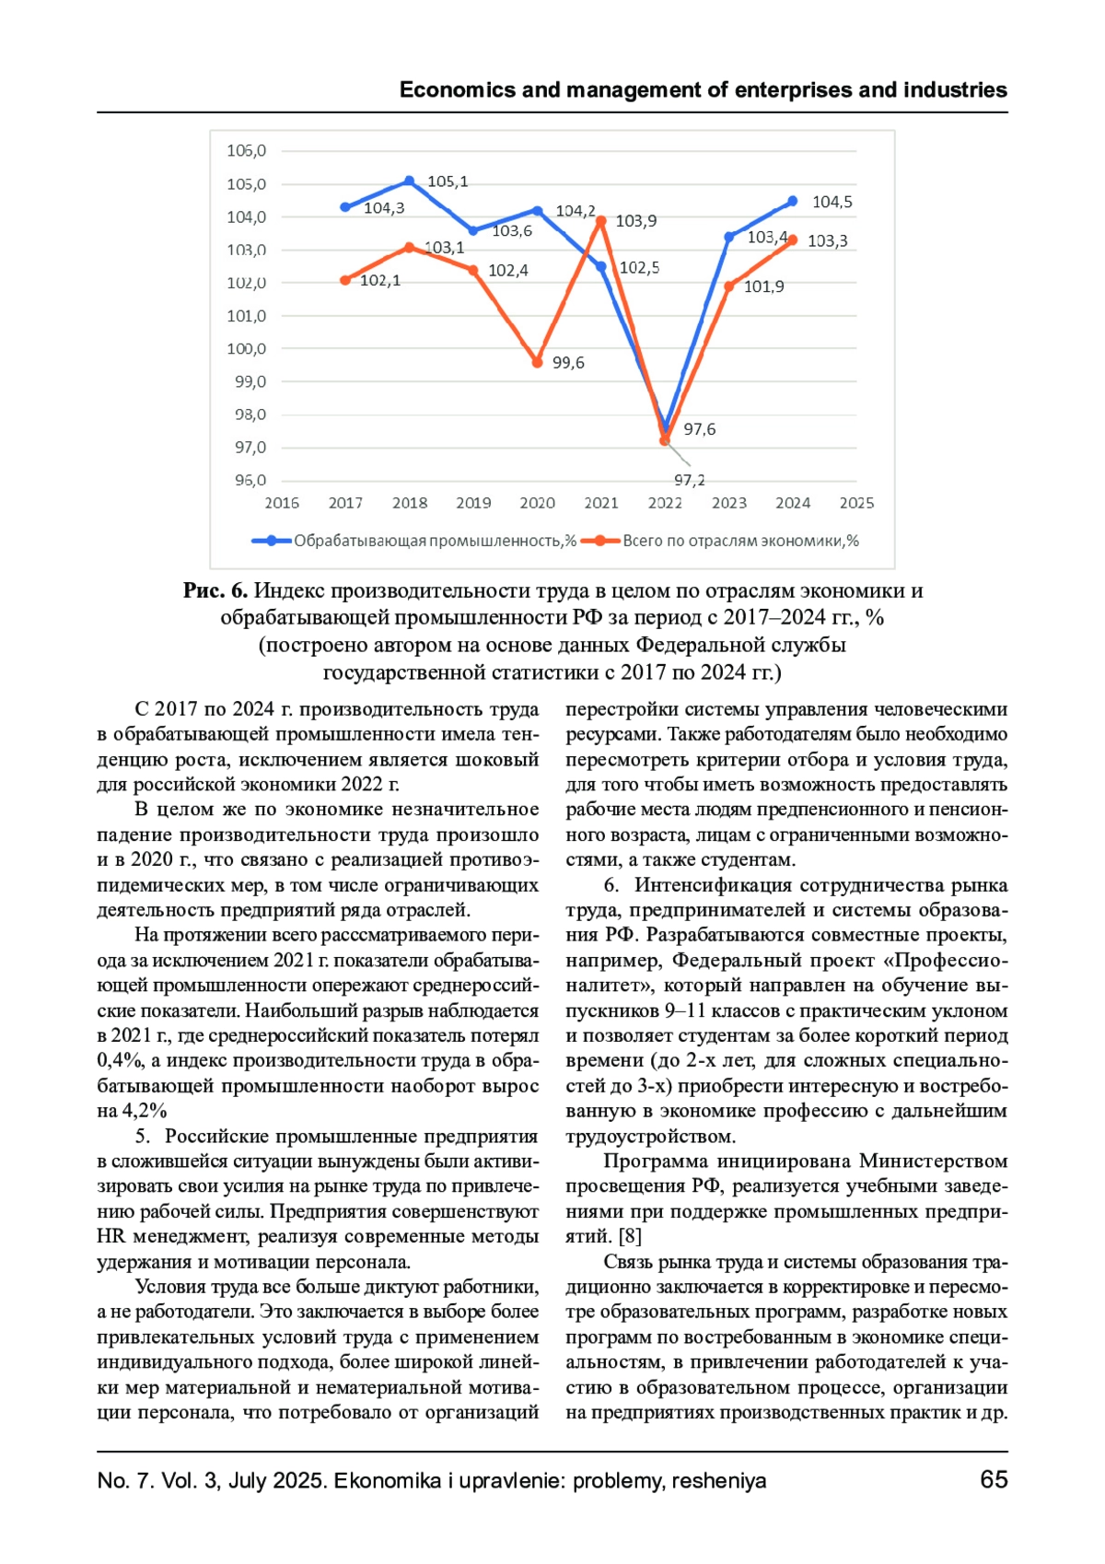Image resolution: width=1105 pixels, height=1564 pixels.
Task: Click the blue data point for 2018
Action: tap(410, 181)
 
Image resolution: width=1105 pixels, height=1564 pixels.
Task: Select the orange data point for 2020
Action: tap(538, 363)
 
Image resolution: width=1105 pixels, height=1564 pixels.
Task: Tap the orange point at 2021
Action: tap(601, 221)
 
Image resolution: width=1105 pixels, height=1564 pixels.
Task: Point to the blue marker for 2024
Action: tap(793, 202)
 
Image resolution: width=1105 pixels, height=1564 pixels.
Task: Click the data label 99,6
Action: tap(568, 363)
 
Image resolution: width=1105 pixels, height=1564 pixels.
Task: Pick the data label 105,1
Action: tap(448, 181)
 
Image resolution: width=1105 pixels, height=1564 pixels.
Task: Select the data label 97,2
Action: tap(689, 480)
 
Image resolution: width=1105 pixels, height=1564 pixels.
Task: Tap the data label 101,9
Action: tap(763, 287)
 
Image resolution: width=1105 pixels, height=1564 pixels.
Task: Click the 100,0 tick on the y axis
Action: tap(247, 349)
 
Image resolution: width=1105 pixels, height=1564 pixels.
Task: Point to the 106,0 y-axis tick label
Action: tap(247, 151)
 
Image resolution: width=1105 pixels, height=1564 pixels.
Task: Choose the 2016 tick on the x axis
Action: tap(282, 503)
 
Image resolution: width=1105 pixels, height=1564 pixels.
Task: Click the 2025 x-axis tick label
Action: tap(856, 503)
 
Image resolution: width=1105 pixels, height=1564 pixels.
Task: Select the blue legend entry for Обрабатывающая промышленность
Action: tap(414, 542)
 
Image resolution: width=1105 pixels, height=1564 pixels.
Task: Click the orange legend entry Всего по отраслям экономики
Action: tap(727, 542)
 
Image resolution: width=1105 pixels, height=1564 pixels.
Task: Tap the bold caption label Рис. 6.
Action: tap(215, 591)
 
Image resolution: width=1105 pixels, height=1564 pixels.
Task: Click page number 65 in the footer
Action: tap(994, 1480)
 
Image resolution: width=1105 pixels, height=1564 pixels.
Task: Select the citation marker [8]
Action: tap(631, 1236)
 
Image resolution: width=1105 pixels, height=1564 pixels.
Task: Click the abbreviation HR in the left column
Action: tap(111, 1236)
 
